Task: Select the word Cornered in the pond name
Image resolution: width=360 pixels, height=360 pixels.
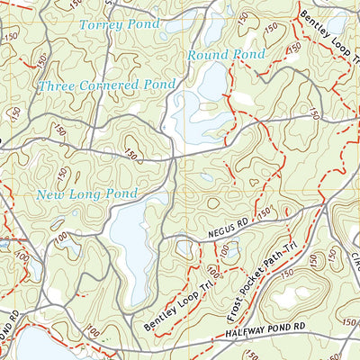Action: click(x=112, y=85)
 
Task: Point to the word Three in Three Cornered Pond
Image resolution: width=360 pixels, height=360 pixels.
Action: click(x=57, y=86)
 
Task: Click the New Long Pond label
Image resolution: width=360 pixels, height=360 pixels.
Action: click(x=86, y=193)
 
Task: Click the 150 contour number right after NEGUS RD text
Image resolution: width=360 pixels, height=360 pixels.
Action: click(x=264, y=213)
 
